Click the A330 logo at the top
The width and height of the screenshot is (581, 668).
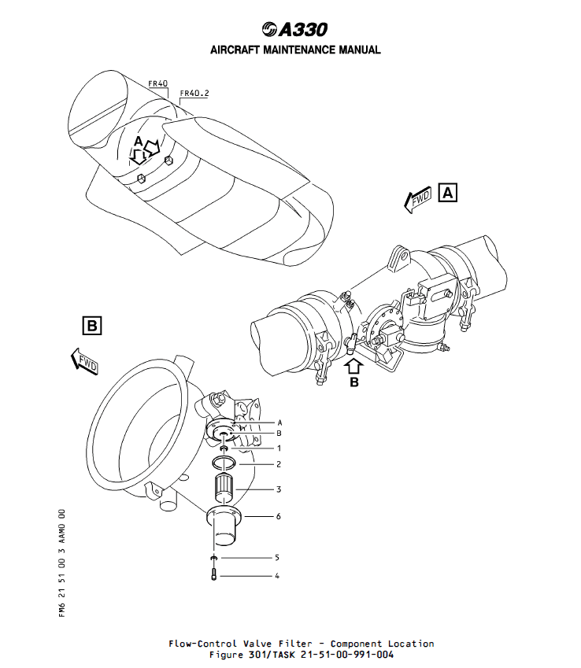tap(295, 29)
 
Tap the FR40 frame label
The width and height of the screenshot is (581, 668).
tap(157, 83)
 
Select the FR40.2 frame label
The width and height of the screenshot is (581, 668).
tap(194, 94)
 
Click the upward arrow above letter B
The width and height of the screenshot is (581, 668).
tap(353, 365)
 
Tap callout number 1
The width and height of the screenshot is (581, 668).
tap(278, 447)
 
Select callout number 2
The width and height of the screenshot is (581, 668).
tap(278, 464)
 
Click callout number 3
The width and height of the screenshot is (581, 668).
tap(278, 489)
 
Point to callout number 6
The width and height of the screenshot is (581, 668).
tap(278, 516)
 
